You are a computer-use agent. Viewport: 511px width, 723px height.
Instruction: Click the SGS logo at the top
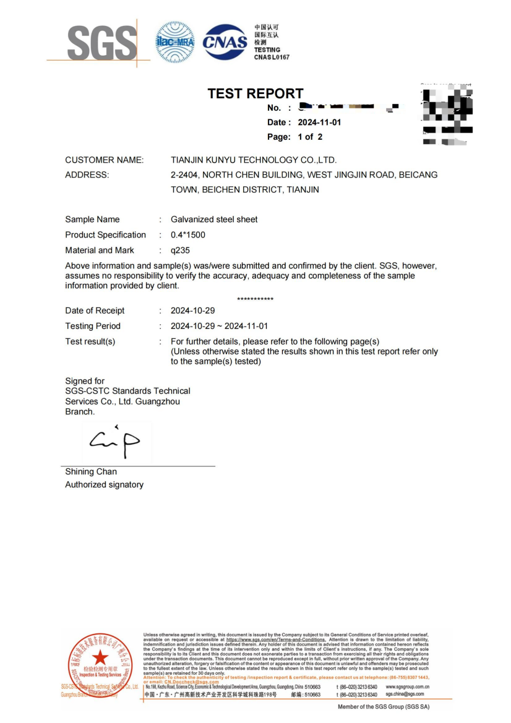101,43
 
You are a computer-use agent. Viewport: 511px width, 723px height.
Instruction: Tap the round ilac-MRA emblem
174,42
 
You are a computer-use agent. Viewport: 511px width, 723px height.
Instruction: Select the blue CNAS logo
225,41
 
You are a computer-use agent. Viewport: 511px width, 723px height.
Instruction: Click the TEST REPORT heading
255,93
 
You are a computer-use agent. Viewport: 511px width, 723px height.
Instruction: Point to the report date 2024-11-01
319,122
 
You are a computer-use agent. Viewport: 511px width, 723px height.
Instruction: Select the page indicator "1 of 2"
310,137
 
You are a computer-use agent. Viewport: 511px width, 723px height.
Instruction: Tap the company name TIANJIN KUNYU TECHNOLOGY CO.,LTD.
254,160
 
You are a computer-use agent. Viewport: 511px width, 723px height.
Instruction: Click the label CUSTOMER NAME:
105,160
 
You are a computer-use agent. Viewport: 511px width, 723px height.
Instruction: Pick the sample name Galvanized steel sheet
214,220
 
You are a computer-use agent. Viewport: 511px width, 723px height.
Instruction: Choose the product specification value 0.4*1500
188,235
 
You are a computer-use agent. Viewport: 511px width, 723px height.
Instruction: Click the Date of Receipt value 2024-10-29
192,310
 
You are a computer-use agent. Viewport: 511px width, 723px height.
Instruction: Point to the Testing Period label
93,326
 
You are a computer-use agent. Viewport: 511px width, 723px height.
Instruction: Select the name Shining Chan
91,472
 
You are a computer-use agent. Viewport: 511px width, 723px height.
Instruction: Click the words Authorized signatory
104,485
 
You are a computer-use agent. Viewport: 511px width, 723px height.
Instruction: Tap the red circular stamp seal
99,664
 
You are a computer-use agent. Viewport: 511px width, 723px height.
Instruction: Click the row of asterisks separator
255,299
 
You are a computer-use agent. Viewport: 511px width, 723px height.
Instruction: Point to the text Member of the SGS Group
384,706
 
